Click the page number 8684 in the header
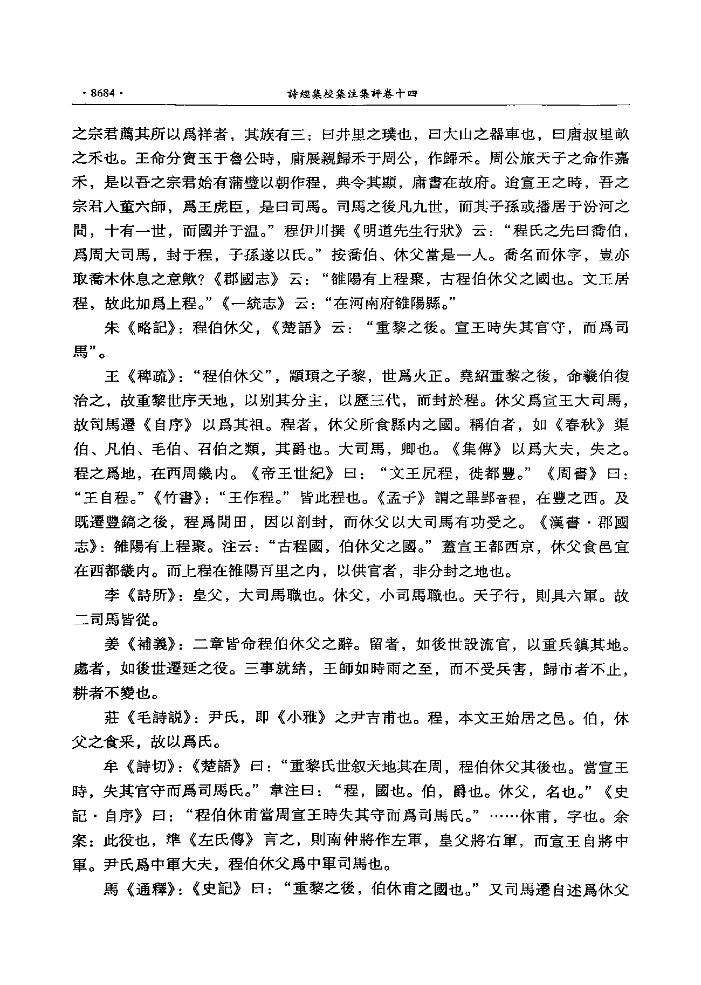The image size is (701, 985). click(x=102, y=93)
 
